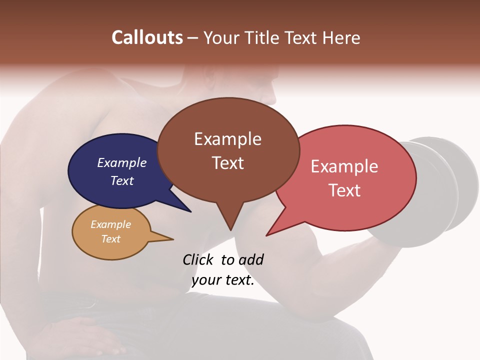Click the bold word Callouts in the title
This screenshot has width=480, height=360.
pyautogui.click(x=147, y=37)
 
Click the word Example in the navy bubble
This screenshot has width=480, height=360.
pyautogui.click(x=122, y=162)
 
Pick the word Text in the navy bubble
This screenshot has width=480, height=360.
pyautogui.click(x=122, y=180)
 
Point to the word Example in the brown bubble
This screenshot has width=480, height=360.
pyautogui.click(x=227, y=139)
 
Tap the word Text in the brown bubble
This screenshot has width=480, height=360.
pyautogui.click(x=227, y=163)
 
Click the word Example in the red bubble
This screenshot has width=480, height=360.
pyautogui.click(x=344, y=166)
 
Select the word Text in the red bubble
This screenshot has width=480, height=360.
pyautogui.click(x=344, y=190)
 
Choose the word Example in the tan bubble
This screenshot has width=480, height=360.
pyautogui.click(x=110, y=224)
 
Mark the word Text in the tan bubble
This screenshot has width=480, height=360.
pyautogui.click(x=110, y=239)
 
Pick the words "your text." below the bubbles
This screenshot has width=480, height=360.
pyautogui.click(x=223, y=280)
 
